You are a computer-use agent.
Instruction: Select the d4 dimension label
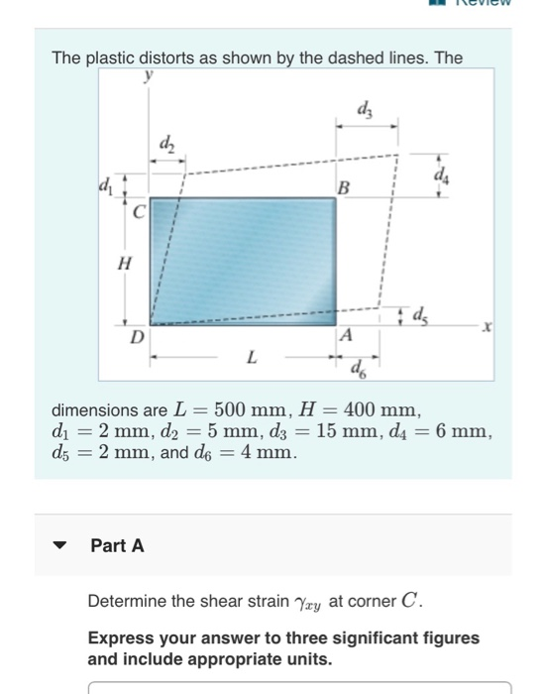(x=440, y=176)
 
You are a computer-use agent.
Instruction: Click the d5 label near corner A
(x=420, y=317)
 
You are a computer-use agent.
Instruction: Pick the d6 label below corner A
(x=356, y=372)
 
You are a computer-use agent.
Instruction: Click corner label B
(x=344, y=187)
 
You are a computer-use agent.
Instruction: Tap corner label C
(x=140, y=211)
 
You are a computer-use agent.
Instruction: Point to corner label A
(x=345, y=337)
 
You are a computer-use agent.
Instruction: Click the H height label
(x=124, y=264)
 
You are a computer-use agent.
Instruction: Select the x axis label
(x=486, y=326)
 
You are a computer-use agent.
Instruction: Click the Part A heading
(x=117, y=546)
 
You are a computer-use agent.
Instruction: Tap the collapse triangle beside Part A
(x=61, y=546)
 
